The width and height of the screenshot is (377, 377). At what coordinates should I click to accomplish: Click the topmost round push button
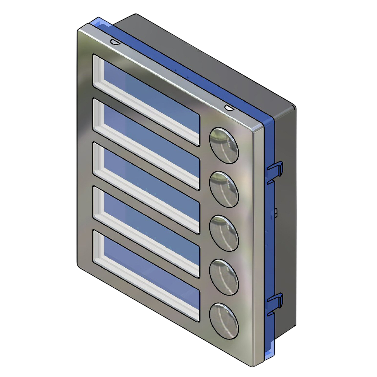point(224,145)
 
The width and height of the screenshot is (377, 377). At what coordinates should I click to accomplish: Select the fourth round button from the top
point(224,277)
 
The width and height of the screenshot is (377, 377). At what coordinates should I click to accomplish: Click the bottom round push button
point(224,320)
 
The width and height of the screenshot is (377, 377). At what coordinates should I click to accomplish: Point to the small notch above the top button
point(229,108)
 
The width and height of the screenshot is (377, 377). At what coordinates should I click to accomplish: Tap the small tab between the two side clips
point(276,213)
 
